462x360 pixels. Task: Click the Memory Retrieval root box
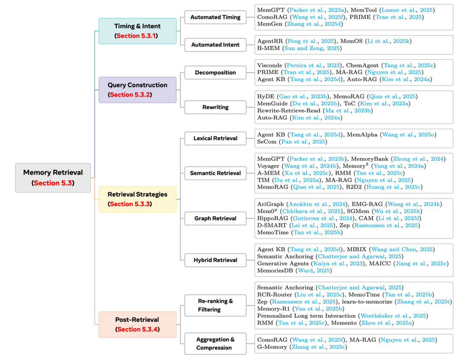(x=53, y=177)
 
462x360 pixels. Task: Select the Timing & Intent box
(x=137, y=31)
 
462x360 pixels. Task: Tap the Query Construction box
(x=137, y=90)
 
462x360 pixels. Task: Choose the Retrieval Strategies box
(x=137, y=199)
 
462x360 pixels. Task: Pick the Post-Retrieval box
(x=137, y=324)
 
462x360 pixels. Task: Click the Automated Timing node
(x=215, y=18)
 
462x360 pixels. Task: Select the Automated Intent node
(x=215, y=44)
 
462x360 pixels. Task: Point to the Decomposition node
(x=215, y=72)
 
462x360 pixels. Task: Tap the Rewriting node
(x=215, y=107)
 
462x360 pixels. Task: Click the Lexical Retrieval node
(x=215, y=138)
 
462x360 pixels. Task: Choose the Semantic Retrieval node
(x=215, y=173)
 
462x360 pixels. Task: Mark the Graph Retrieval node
(x=215, y=218)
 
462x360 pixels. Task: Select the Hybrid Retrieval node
(x=215, y=260)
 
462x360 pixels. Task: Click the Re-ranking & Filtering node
(x=215, y=305)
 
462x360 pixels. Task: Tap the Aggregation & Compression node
(x=215, y=343)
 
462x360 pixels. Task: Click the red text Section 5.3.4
(x=137, y=329)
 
